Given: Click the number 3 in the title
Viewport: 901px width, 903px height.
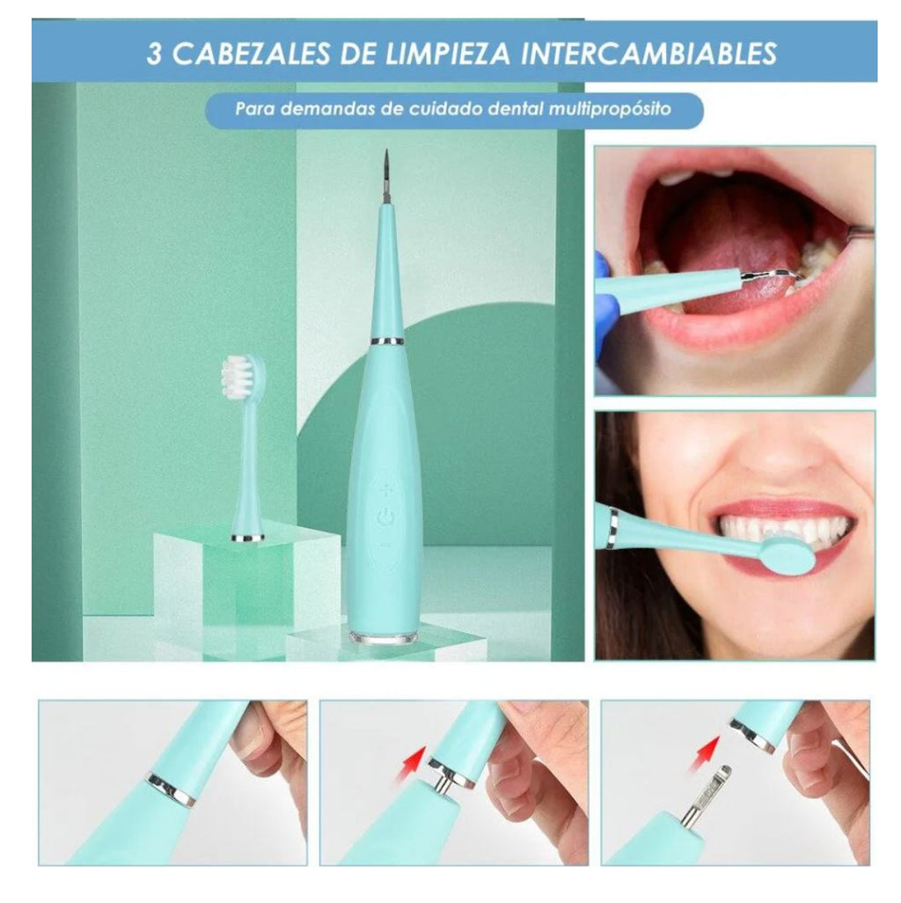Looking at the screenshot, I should pyautogui.click(x=154, y=53).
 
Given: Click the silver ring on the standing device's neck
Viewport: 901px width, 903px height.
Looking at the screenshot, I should pyautogui.click(x=386, y=340).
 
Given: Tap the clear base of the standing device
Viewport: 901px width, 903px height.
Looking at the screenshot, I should pyautogui.click(x=385, y=635).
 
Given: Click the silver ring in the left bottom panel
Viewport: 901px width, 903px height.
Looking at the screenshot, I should pyautogui.click(x=172, y=788).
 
